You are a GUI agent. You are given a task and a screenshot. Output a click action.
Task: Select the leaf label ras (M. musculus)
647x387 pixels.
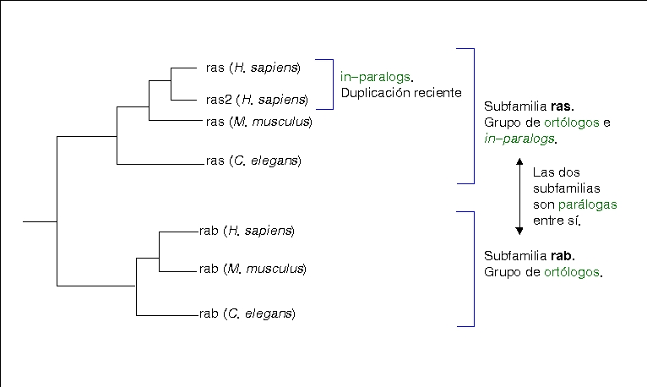point(259,122)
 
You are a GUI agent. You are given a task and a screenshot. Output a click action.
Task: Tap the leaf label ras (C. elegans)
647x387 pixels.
point(253,161)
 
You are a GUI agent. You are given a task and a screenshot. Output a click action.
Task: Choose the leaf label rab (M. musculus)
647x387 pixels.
point(252,270)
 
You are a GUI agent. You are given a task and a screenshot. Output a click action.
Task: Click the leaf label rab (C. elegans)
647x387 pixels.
point(246,314)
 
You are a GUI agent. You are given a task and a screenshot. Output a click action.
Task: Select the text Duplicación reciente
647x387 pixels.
point(401,92)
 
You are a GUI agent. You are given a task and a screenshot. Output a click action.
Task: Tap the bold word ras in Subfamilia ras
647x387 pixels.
point(561,107)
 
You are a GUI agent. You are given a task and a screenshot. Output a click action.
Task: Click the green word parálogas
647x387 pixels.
point(587,205)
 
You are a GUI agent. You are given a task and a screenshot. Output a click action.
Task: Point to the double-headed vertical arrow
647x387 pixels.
point(520,196)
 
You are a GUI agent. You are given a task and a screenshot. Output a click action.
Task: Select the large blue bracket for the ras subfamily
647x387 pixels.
point(473,115)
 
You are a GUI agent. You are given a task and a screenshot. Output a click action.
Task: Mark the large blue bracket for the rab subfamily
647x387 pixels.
point(473,269)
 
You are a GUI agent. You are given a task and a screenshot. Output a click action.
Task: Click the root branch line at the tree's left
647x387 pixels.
point(40,221)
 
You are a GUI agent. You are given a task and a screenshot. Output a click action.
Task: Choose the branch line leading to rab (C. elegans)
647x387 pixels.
point(166,314)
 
